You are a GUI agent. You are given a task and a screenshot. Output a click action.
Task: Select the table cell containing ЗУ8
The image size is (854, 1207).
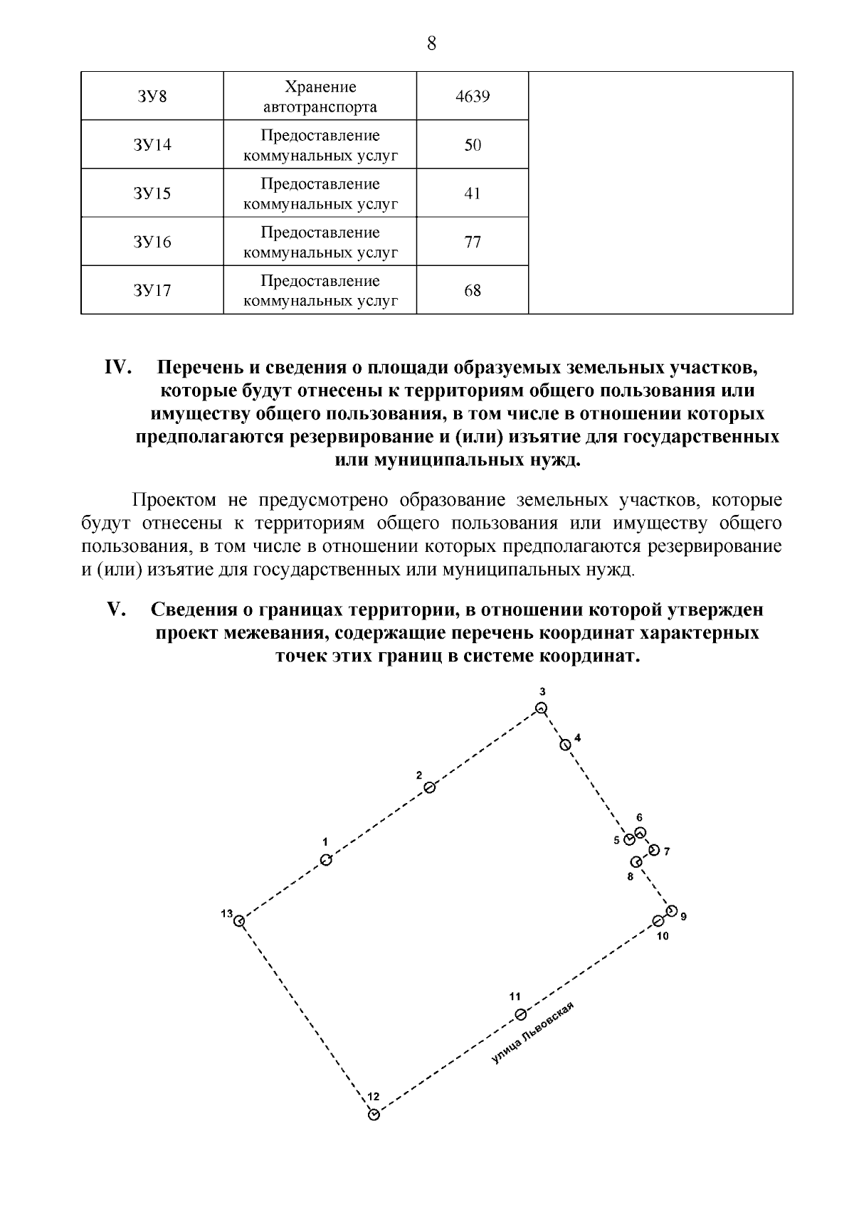[x=152, y=96]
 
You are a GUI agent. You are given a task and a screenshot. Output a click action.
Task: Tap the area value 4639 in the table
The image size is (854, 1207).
[x=473, y=96]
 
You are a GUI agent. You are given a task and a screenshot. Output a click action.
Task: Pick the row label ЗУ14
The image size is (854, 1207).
[x=152, y=145]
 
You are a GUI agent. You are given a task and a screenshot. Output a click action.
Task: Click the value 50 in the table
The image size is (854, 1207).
[x=473, y=145]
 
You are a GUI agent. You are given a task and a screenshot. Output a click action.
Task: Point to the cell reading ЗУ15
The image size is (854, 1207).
[x=152, y=193]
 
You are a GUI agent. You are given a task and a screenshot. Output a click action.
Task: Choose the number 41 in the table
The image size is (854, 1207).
[x=473, y=193]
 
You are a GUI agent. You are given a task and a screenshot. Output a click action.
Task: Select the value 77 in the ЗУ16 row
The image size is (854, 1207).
[x=473, y=242]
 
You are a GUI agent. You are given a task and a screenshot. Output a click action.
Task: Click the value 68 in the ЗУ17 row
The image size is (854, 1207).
[x=473, y=290]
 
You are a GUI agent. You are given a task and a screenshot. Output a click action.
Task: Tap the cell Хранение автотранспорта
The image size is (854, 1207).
[x=320, y=97]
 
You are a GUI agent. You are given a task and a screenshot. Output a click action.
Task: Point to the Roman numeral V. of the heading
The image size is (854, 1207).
[x=116, y=610]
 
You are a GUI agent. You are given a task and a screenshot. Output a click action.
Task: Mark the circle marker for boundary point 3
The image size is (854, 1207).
[x=542, y=708]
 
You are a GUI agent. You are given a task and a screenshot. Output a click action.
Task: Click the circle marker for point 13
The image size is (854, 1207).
[x=241, y=921]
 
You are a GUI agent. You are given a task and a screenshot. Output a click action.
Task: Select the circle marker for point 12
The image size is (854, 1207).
[x=374, y=1114]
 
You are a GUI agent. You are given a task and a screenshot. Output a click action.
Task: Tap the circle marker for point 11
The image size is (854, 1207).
[x=520, y=1014]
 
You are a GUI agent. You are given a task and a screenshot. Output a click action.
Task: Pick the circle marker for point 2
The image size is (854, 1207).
[x=429, y=787]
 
